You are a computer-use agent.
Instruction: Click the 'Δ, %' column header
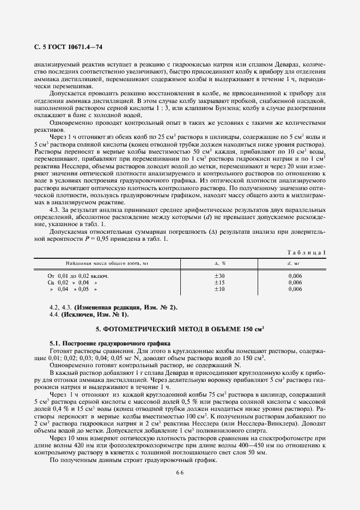click(x=220, y=263)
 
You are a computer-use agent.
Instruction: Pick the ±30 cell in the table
click(x=220, y=276)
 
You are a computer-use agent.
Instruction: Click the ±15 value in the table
click(x=220, y=283)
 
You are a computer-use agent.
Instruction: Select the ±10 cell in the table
click(x=220, y=289)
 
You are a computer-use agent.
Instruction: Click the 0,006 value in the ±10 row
click(x=295, y=289)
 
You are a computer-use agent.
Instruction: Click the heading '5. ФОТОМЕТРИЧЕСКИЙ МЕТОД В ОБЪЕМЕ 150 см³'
click(x=180, y=329)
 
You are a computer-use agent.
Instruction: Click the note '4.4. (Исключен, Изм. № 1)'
click(x=89, y=315)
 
